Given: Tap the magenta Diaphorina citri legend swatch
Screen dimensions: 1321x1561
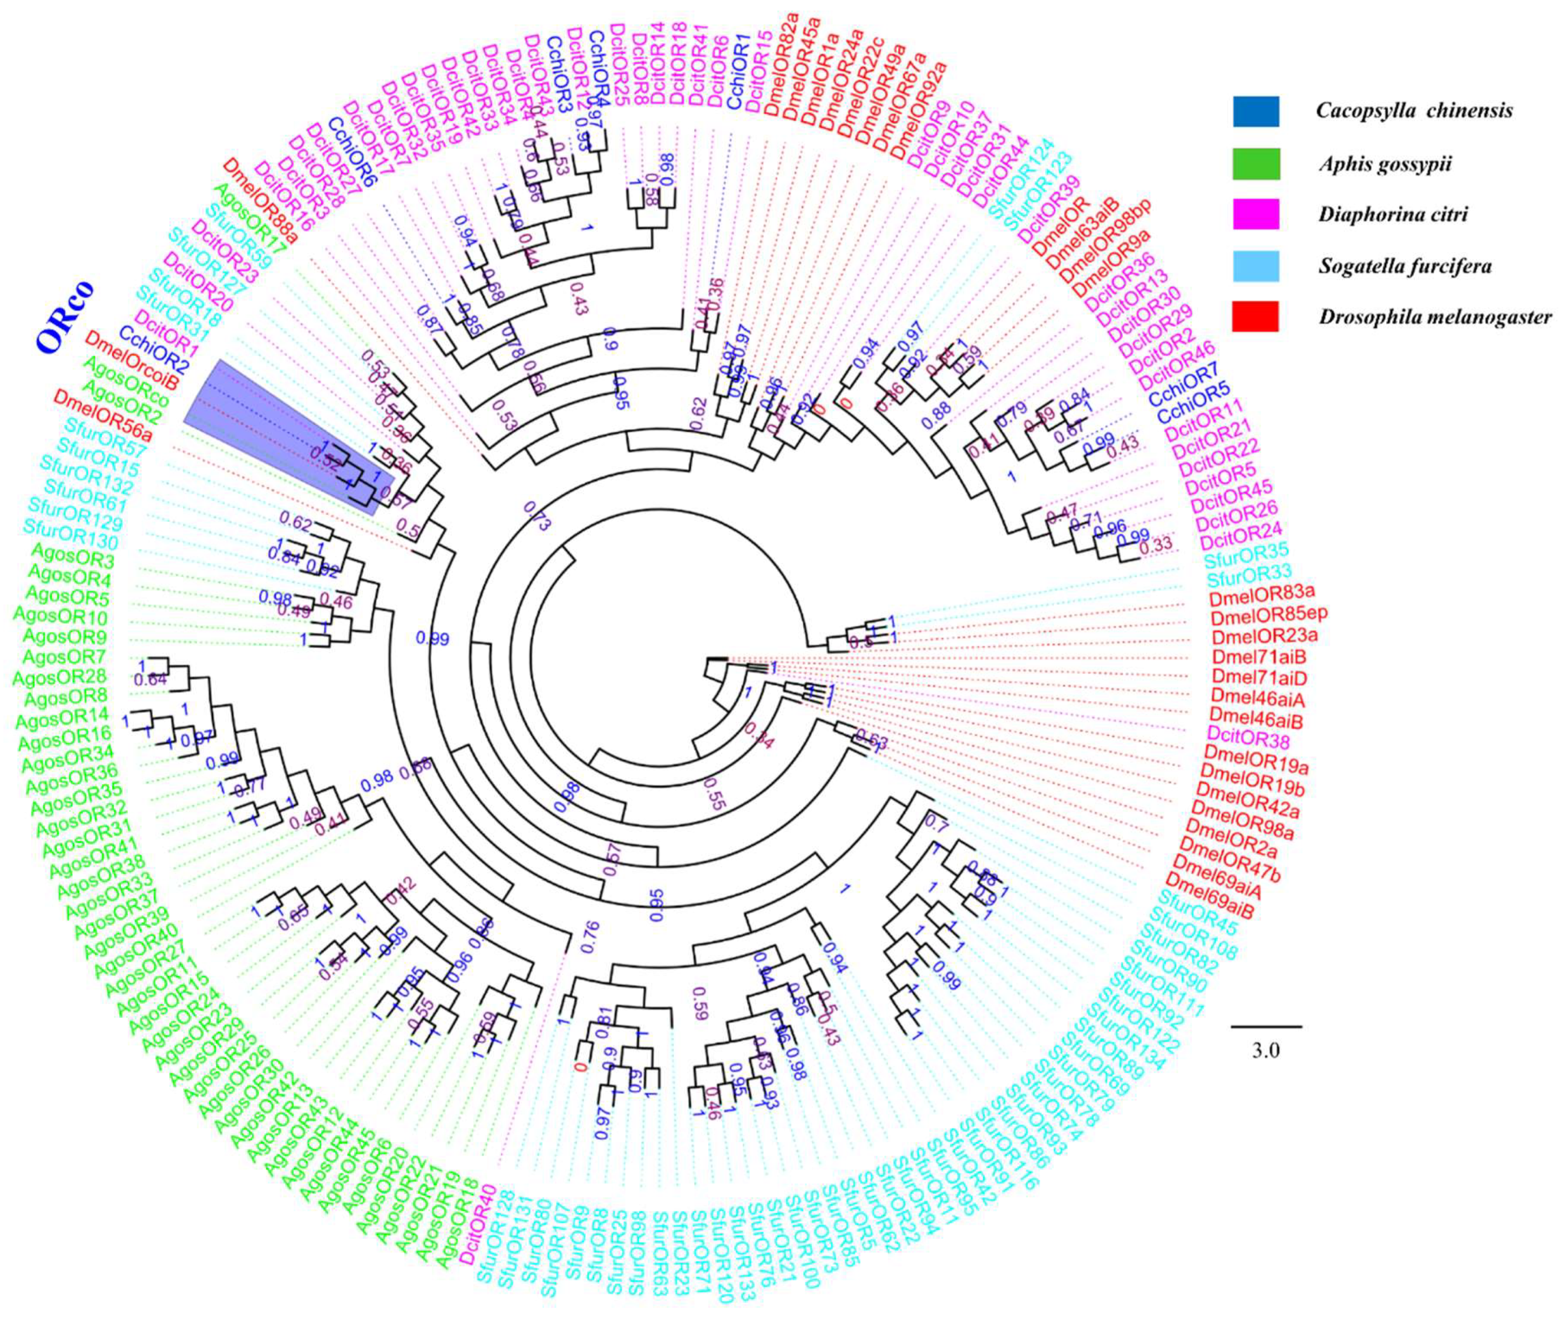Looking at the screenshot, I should pyautogui.click(x=1255, y=215).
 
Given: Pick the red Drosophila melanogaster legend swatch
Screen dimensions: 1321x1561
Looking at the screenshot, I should pyautogui.click(x=1255, y=317).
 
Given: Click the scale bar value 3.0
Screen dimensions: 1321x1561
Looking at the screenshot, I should pyautogui.click(x=1265, y=1051).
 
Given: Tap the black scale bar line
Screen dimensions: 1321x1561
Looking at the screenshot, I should pyautogui.click(x=1265, y=1026).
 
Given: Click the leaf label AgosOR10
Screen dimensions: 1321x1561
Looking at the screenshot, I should pyautogui.click(x=60, y=618).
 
